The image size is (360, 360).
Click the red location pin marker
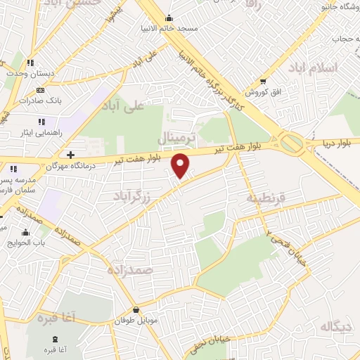181,165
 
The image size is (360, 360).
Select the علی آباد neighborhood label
122,106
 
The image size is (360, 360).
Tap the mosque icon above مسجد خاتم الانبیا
168,18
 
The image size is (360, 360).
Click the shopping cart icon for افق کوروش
262,82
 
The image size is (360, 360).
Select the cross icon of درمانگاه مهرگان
70,154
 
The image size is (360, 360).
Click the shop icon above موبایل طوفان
136,310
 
